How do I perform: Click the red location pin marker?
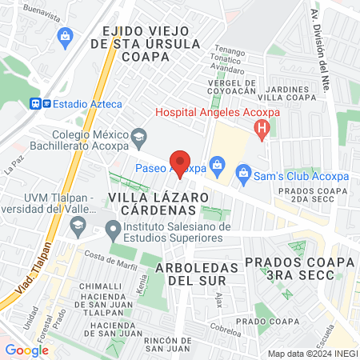pos(180,161)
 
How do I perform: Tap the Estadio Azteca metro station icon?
pos(37,103)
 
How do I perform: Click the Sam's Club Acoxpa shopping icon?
pos(242,172)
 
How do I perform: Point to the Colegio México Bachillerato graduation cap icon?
pos(138,136)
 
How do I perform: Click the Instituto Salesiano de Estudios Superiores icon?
pos(114,232)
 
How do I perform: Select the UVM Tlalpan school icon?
pos(78,227)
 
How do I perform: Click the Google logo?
pos(27,350)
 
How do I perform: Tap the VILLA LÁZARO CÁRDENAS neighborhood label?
pos(152,202)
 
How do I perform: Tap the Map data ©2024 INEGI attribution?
pos(311,354)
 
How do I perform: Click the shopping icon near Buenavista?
pos(66,36)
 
